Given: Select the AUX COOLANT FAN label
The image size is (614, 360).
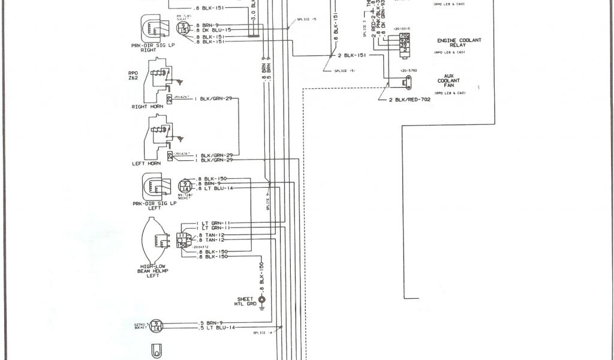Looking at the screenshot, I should pyautogui.click(x=449, y=80).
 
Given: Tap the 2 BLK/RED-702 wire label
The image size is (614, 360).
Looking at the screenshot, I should pyautogui.click(x=410, y=99).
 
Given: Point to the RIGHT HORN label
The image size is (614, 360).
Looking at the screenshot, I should pyautogui.click(x=148, y=106).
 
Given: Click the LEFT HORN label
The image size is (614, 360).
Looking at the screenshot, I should pyautogui.click(x=147, y=163).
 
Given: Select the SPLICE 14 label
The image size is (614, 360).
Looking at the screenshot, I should pyautogui.click(x=262, y=332).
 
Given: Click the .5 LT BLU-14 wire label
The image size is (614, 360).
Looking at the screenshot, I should pyautogui.click(x=216, y=328).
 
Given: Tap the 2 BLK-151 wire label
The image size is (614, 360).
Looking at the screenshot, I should pyautogui.click(x=353, y=55).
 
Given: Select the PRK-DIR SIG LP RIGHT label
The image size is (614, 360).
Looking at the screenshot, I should pyautogui.click(x=148, y=47).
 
